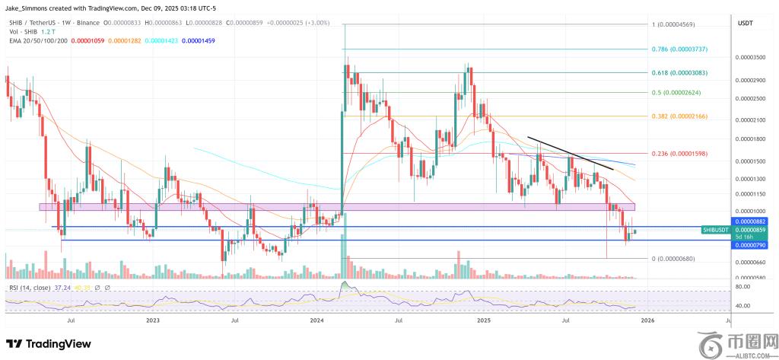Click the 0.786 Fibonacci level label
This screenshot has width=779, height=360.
click(679, 49)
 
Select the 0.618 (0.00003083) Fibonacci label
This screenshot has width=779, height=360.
click(679, 72)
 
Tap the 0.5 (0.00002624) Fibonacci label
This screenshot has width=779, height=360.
click(676, 93)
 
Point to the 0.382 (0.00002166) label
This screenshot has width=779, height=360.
click(679, 116)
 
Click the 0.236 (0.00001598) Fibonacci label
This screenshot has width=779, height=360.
click(679, 154)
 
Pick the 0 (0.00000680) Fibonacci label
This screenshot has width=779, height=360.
click(675, 259)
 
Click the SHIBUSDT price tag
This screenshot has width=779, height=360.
click(715, 229)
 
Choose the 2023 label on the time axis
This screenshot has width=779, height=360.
click(153, 322)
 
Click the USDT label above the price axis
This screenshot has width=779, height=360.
click(745, 24)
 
